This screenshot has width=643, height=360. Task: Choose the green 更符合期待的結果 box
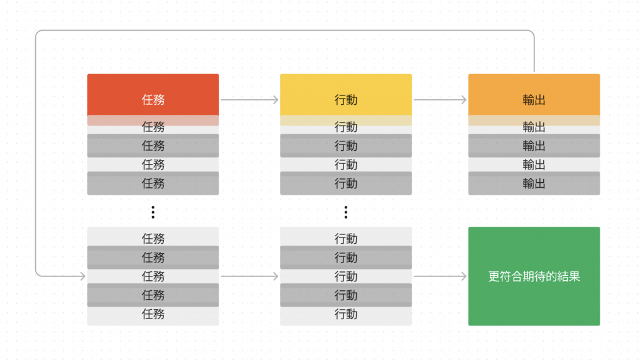(534, 276)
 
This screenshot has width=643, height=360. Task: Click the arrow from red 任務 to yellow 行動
(249, 99)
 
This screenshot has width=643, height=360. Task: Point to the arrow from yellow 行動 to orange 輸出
(440, 99)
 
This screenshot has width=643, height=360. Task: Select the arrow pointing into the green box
(440, 276)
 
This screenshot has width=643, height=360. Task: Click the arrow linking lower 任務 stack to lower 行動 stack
(249, 276)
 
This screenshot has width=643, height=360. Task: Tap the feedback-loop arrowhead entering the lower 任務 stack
(82, 276)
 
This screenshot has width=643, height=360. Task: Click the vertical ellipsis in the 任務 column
(153, 212)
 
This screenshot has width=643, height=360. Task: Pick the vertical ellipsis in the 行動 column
(345, 212)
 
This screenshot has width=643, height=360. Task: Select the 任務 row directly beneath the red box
(153, 128)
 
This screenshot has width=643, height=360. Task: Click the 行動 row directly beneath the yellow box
(345, 128)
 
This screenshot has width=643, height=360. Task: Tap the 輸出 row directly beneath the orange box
(534, 128)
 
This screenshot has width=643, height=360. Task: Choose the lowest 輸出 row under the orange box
(534, 183)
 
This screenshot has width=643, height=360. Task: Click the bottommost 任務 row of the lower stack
(153, 314)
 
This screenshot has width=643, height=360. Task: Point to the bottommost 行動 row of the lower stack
(345, 314)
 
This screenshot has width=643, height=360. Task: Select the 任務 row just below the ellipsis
(153, 239)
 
